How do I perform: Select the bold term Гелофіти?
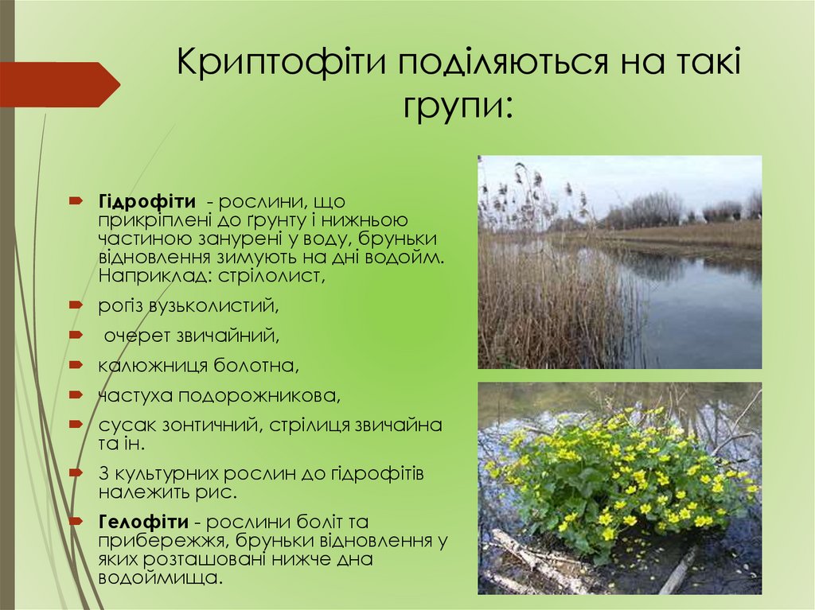coord(144,523)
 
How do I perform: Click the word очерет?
coord(135,336)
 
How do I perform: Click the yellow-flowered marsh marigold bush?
coord(621,477)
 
